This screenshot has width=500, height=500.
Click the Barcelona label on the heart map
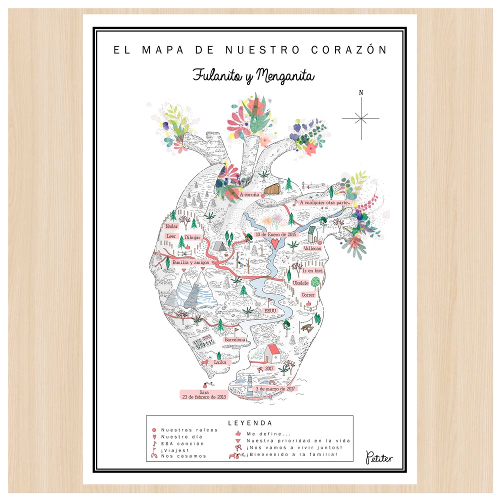(x=235, y=339)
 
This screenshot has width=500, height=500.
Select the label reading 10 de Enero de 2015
(x=275, y=234)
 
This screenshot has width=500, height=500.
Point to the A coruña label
(x=249, y=194)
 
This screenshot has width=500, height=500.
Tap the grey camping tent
(x=218, y=246)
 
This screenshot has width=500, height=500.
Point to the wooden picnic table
(x=307, y=327)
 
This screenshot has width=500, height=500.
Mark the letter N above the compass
(x=360, y=92)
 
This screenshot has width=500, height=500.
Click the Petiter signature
(x=379, y=457)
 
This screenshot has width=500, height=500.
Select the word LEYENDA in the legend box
(x=249, y=423)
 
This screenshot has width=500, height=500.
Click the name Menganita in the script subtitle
(x=285, y=76)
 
